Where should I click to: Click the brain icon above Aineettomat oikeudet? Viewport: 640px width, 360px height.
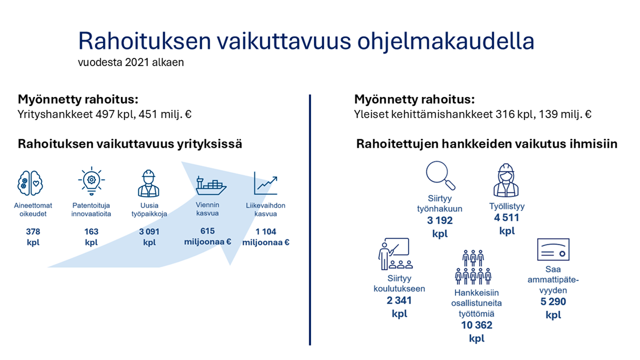(x=30, y=183)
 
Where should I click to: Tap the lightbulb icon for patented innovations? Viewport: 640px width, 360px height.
(x=91, y=181)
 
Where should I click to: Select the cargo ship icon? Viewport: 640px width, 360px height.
(x=211, y=186)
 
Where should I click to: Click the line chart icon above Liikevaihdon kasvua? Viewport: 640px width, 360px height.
(x=266, y=183)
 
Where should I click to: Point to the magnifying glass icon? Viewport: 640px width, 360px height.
(x=441, y=175)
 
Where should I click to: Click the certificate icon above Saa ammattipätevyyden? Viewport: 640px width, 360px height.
(x=553, y=250)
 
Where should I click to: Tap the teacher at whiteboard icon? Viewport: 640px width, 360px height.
(x=395, y=254)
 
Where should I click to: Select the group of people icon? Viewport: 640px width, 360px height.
(x=473, y=267)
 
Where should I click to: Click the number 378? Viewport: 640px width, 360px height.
(x=33, y=231)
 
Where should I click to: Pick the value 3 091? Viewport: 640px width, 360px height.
(x=149, y=231)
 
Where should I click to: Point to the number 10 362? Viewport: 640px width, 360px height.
(x=477, y=325)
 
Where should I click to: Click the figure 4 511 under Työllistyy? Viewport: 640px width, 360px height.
(x=507, y=218)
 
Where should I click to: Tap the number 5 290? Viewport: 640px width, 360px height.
(x=553, y=302)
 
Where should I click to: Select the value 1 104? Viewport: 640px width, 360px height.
(x=266, y=231)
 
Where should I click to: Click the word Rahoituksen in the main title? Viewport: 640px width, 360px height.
(x=145, y=41)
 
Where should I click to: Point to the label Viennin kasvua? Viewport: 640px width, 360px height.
(x=207, y=209)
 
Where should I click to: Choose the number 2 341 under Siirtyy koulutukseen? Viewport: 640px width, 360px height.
(x=399, y=301)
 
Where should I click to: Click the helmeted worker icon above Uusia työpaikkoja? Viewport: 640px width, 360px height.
(x=149, y=183)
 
